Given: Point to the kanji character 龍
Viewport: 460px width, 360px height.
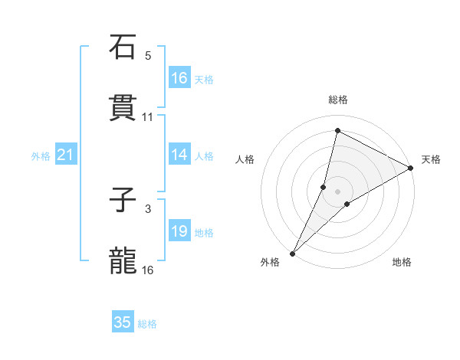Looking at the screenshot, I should coord(123,260).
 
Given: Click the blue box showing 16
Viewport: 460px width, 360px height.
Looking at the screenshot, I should coord(179,77).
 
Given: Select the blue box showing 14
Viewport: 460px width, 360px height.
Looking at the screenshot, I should coord(179,155).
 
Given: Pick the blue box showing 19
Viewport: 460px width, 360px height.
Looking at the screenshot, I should coord(179,231).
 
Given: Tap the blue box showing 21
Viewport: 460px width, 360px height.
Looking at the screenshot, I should coord(66,155).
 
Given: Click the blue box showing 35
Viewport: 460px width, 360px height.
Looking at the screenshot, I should coord(123,322).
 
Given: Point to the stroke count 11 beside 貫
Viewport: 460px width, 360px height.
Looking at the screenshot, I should coord(148,117).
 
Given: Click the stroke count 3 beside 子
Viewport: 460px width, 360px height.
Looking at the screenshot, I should coord(148,208).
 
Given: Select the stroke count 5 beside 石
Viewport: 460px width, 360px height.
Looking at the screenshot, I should coord(148,55).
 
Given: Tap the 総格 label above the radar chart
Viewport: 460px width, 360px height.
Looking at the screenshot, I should coord(338,100).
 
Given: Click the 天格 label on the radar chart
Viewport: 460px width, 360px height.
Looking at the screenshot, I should coord(431,159).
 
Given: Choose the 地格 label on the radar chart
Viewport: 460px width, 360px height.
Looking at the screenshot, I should coord(402,262).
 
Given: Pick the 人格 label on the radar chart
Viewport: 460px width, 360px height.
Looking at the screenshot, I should coord(245,159).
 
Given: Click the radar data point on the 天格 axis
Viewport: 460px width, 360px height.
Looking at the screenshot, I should coord(411,168).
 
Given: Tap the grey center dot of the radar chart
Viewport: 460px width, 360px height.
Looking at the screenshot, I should coord(338,191).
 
